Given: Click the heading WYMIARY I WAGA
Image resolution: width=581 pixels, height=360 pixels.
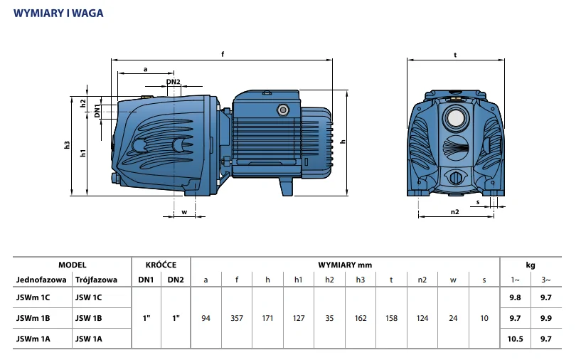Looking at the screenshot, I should [59, 13].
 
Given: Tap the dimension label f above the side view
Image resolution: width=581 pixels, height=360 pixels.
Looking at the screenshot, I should [223, 55].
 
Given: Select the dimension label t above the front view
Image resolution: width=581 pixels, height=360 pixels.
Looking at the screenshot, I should [454, 55].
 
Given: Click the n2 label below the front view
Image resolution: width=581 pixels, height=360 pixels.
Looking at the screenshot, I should [455, 211].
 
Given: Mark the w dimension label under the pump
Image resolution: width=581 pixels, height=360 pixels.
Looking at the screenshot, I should [183, 211].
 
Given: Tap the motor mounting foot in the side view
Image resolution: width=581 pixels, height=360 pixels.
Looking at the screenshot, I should [285, 187].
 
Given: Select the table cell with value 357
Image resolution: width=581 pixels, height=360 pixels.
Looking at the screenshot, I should [237, 318].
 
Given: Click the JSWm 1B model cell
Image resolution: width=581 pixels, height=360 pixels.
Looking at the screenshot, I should [33, 318].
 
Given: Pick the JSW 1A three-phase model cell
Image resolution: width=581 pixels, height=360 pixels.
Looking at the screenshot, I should [89, 339].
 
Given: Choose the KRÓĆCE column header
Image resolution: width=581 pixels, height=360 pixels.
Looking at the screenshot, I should [161, 264].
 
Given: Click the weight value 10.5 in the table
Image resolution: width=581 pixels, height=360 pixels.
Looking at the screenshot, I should [516, 339].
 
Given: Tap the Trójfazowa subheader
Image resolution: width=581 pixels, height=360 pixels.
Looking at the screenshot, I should [96, 280].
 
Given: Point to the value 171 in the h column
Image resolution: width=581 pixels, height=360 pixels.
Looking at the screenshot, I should [267, 318].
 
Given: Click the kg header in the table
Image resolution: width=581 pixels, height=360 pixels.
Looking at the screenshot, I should [531, 264].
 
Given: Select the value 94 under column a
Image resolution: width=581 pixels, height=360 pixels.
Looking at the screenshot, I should [206, 318].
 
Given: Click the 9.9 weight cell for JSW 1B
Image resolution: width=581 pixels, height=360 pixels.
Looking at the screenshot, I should [546, 318].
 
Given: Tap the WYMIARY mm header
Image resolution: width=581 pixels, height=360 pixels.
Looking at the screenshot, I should [346, 264].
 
